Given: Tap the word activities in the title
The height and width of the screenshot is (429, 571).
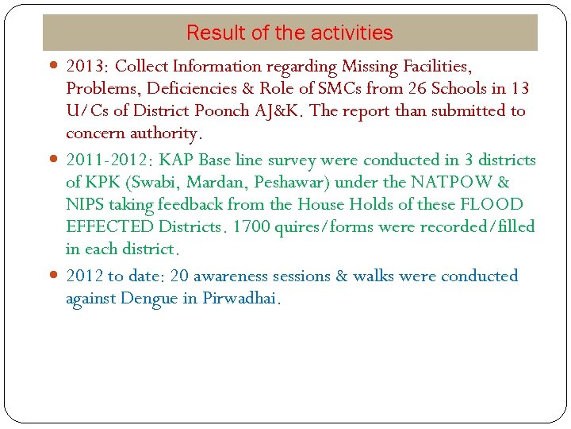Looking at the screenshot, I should (352, 33).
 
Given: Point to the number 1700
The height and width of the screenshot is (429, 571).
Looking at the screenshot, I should (251, 227).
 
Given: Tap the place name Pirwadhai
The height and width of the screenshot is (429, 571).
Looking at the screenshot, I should (240, 300).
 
